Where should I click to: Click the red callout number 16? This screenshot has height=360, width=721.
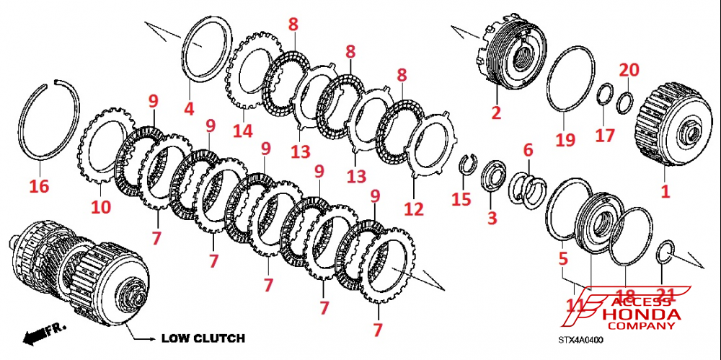(x=39, y=187)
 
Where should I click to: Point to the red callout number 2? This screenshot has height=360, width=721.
(x=496, y=112)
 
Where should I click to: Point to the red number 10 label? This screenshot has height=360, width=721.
(x=100, y=208)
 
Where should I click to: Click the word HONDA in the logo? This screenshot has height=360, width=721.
(x=641, y=316)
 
